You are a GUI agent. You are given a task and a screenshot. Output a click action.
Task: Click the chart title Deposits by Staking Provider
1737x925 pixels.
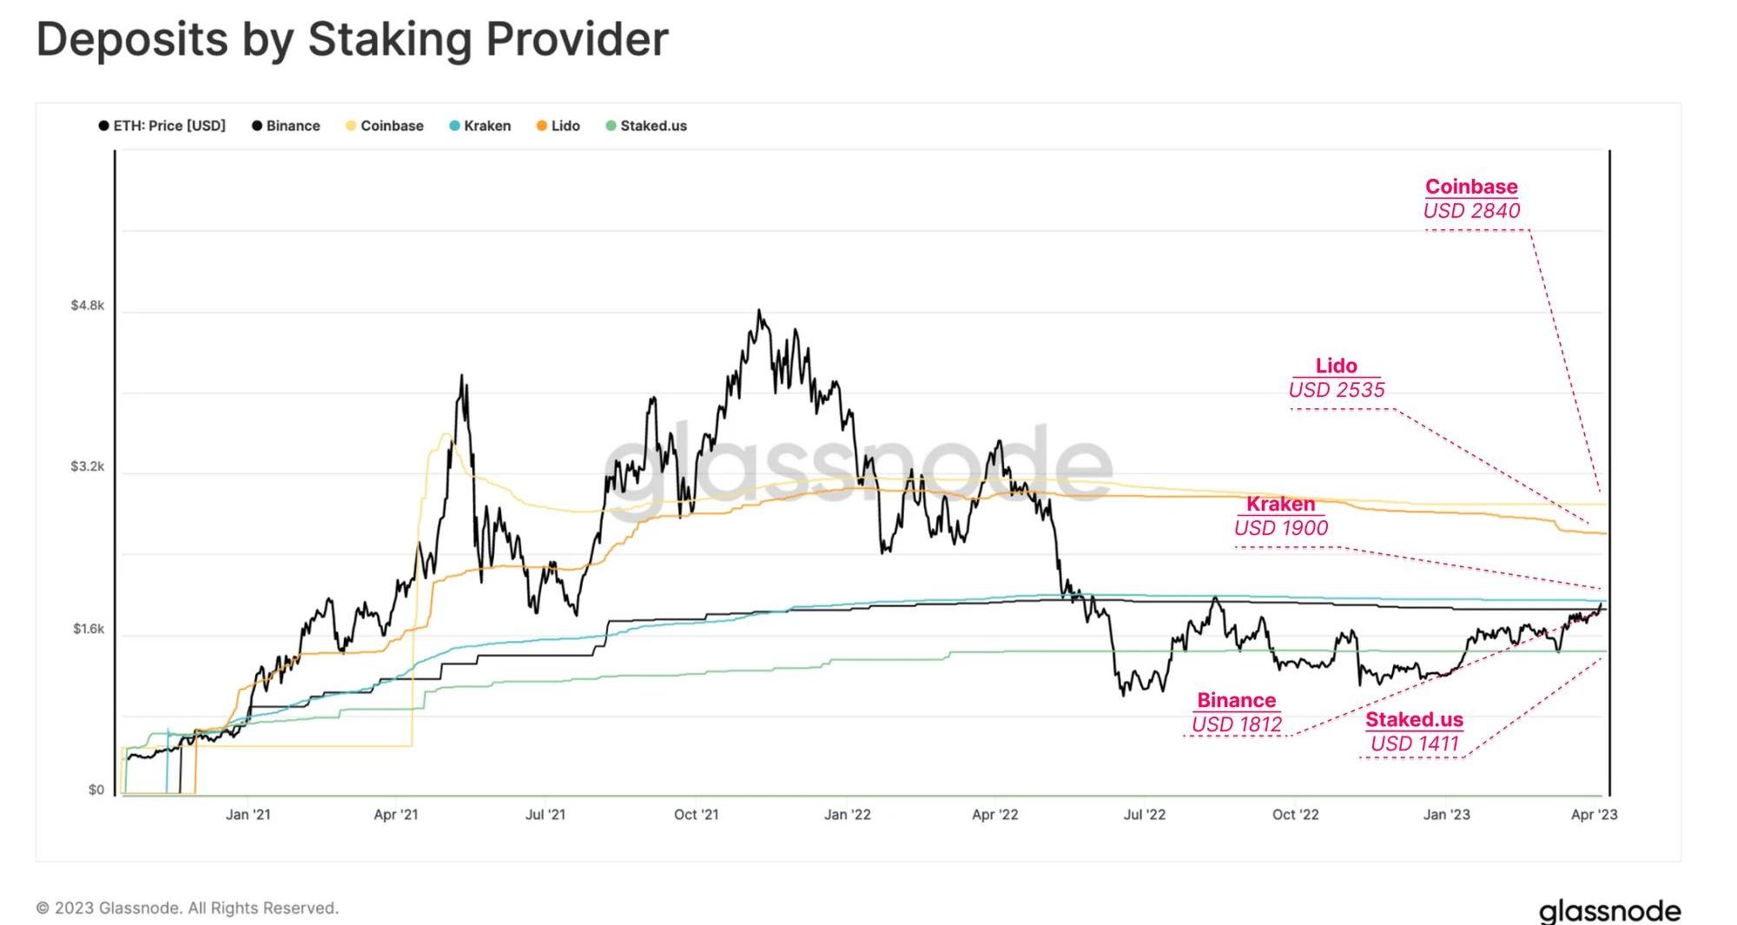pyautogui.click(x=352, y=39)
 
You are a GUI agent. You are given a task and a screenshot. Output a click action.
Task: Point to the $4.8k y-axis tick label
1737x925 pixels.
pyautogui.click(x=88, y=306)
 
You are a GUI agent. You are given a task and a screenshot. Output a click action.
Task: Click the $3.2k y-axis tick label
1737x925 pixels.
pyautogui.click(x=88, y=466)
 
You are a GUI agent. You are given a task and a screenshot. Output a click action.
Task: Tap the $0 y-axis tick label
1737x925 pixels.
pyautogui.click(x=96, y=790)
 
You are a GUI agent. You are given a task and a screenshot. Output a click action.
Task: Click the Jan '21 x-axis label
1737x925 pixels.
pyautogui.click(x=248, y=815)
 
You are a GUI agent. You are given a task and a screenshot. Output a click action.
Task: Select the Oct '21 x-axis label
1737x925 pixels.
pyautogui.click(x=697, y=815)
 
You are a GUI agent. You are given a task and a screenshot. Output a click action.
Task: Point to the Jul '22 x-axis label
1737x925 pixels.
pyautogui.click(x=1145, y=815)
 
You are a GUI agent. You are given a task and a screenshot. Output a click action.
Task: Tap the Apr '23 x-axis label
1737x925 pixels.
pyautogui.click(x=1595, y=815)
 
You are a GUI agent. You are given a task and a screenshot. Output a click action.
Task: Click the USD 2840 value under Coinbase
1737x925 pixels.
pyautogui.click(x=1471, y=211)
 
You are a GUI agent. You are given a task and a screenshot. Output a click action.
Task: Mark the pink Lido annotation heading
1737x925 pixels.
pyautogui.click(x=1336, y=366)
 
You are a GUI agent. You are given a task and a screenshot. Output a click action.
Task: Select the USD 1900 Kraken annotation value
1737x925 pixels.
pyautogui.click(x=1281, y=528)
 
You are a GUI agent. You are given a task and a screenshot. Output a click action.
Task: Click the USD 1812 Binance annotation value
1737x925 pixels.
pyautogui.click(x=1237, y=724)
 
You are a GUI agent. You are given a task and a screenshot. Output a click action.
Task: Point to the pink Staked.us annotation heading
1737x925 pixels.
pyautogui.click(x=1414, y=719)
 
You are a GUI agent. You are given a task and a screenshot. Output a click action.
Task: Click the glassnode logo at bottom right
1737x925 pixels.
pyautogui.click(x=1609, y=911)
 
